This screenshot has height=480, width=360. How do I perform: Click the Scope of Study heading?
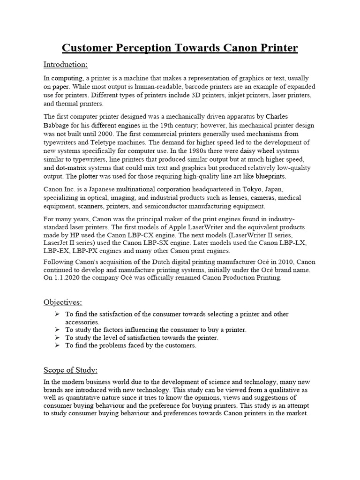point(71,370)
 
